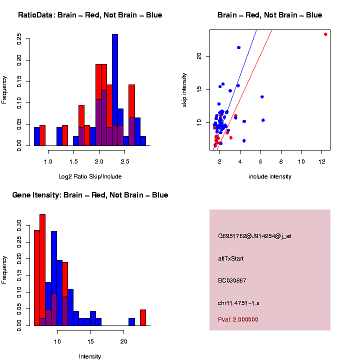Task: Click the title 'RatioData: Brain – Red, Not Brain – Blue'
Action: (x=90, y=15)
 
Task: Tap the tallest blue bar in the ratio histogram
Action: (x=115, y=90)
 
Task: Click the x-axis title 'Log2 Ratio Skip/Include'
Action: (x=90, y=176)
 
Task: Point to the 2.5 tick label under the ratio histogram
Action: (x=125, y=161)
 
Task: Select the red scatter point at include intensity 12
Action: (x=325, y=34)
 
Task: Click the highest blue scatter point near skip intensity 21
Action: (x=238, y=47)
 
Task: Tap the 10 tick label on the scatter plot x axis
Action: (x=301, y=161)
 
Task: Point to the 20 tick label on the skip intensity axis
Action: (x=198, y=56)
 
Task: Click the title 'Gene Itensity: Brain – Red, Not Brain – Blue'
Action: (x=90, y=195)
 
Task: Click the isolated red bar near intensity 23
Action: (x=143, y=317)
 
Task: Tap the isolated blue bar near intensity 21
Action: (x=131, y=322)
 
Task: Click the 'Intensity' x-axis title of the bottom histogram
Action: (x=90, y=356)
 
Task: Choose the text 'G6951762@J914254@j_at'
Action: (x=254, y=236)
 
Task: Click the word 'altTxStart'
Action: (x=230, y=258)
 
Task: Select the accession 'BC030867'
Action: (x=232, y=280)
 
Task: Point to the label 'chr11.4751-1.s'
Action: (x=238, y=303)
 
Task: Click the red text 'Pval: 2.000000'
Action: (x=238, y=319)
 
